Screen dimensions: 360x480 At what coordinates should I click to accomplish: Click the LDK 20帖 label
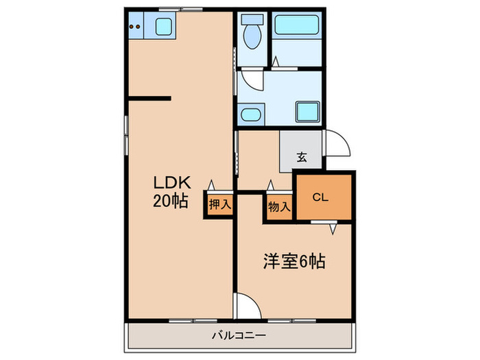pos(171,191)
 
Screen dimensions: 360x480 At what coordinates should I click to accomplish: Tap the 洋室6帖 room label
pos(294,261)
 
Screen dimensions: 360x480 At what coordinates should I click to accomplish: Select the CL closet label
pos(320,197)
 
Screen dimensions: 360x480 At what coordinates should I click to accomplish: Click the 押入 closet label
pos(220,204)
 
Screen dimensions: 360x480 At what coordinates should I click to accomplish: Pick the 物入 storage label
pos(279,205)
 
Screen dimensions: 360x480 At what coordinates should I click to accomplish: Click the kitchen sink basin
pos(165,27)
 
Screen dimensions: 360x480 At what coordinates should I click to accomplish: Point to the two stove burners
pos(137,27)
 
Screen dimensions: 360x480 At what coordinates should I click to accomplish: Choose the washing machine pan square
pos(305,112)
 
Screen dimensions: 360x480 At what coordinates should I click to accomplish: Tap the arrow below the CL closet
pos(333,228)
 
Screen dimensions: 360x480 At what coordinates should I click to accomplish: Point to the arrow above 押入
pos(212,185)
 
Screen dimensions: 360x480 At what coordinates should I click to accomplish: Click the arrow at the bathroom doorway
pos(276,62)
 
